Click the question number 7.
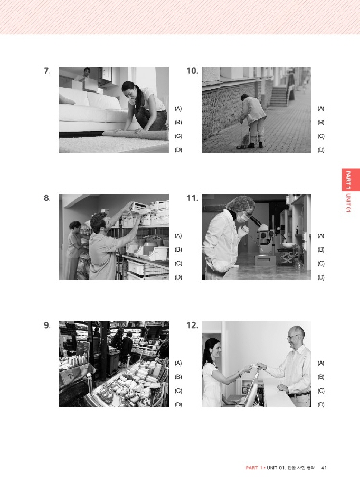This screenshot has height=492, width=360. coord(47,71)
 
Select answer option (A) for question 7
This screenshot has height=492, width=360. coord(178,109)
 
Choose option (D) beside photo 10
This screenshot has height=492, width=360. coord(321,150)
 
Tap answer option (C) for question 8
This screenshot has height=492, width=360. coord(178,264)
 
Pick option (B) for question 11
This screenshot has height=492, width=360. coord(321,250)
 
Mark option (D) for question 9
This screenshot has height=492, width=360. coord(178,405)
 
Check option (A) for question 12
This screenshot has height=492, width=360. coord(321,363)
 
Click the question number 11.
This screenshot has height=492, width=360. coord(192,198)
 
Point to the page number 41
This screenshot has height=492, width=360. coord(324,467)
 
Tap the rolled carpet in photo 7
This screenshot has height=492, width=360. coord(136,135)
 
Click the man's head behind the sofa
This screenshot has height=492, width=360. coord(87,73)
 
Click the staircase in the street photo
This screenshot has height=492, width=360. coord(279,96)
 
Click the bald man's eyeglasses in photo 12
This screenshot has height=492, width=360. coord(293,337)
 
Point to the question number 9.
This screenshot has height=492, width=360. coord(47,325)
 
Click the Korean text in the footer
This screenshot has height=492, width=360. coord(301,467)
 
